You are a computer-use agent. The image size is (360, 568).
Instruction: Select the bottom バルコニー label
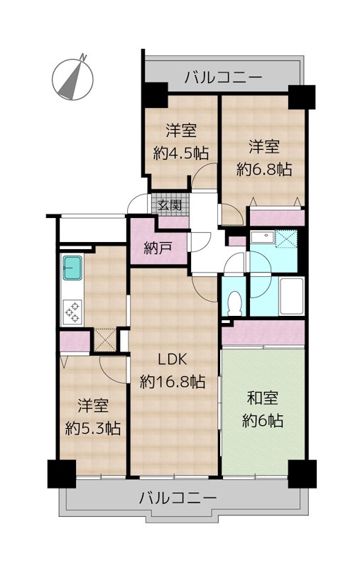click(x=178, y=498)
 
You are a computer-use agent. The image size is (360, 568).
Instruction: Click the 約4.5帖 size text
click(x=181, y=152)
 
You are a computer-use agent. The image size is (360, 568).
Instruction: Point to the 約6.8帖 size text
click(x=263, y=169)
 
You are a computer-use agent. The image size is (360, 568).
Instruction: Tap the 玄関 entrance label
click(x=169, y=205)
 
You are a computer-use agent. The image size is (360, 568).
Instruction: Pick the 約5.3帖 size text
click(x=92, y=427)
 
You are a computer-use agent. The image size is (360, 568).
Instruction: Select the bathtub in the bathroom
click(x=291, y=296)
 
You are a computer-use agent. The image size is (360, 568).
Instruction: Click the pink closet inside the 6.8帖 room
click(x=277, y=217)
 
